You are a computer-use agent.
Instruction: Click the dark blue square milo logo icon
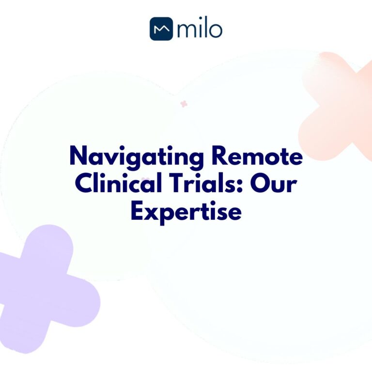point(161,29)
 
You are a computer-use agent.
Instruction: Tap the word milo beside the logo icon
point(199,29)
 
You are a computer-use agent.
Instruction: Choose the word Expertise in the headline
point(186,212)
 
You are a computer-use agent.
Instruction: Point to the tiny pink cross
point(184,104)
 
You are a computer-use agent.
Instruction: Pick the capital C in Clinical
point(84,185)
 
